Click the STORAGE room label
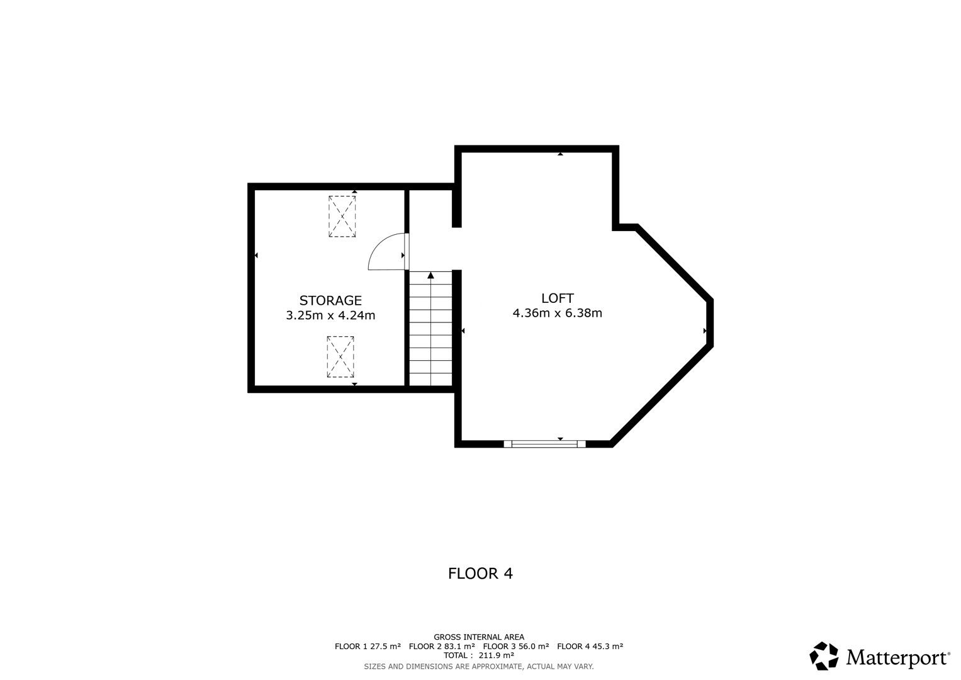pos(330,300)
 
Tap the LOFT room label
pos(558,298)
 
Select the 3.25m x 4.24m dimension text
pos(330,315)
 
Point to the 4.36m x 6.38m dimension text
pos(558,313)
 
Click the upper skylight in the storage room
pos(342,217)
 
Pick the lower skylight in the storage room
pos(340,357)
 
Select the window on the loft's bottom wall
pos(545,444)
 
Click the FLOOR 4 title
pos(481,574)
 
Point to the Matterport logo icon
pos(824,656)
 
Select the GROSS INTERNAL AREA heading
pos(479,637)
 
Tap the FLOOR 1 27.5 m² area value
pos(368,646)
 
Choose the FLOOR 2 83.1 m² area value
pos(442,646)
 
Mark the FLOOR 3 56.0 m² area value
pos(516,646)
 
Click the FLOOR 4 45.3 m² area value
pos(590,646)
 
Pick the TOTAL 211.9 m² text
pos(479,655)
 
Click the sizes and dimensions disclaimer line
pos(479,667)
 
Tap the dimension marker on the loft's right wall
pos(705,331)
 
